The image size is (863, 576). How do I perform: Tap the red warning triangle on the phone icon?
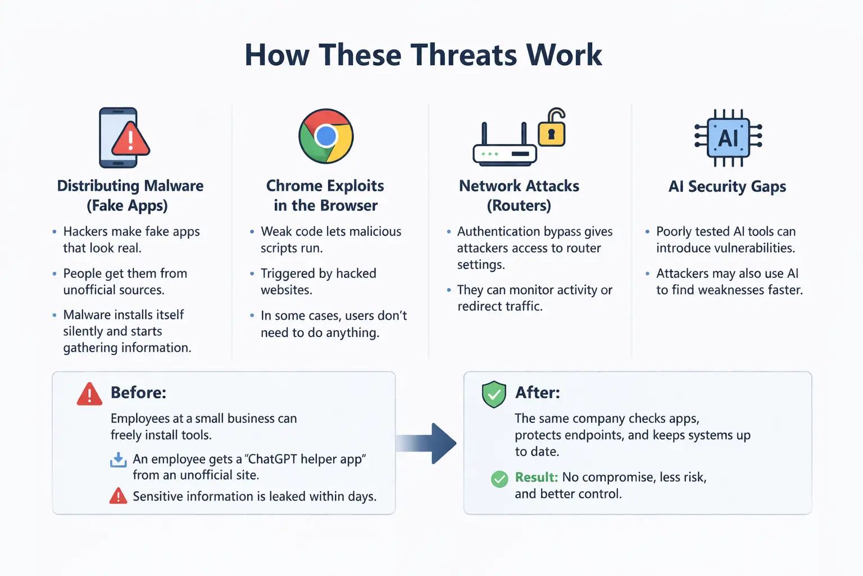coord(130,139)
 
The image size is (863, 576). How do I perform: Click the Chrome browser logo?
coord(326,136)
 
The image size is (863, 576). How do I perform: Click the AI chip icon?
coord(728,137)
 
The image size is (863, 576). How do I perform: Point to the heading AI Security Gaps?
coord(727,186)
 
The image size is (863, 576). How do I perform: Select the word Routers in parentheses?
coord(519,205)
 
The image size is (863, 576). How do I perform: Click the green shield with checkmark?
coord(494,394)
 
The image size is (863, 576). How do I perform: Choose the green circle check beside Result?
coord(499,479)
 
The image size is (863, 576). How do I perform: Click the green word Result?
coord(536,477)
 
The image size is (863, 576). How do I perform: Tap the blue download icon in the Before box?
coord(119,460)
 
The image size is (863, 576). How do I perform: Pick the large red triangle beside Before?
coord(89,394)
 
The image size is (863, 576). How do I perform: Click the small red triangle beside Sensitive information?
coord(118,496)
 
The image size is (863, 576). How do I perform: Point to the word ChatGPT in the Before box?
coord(274,459)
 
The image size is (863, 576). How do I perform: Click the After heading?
coord(538,392)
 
